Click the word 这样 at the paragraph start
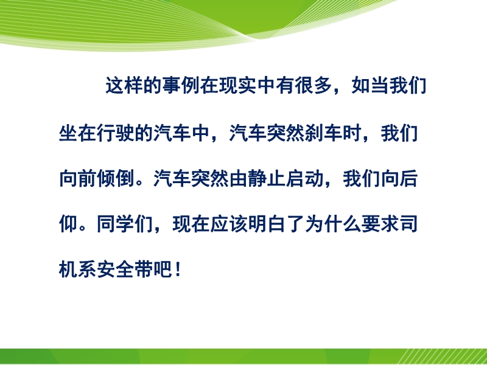(x=124, y=85)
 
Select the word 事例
(x=181, y=85)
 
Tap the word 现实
(x=238, y=85)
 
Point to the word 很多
(x=314, y=85)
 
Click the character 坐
(x=68, y=133)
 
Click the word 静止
(x=267, y=178)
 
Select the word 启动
(x=304, y=178)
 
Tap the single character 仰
(x=68, y=224)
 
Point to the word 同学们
(x=125, y=224)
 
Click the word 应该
(x=229, y=224)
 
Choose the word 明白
(x=267, y=224)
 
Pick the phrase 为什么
(x=332, y=224)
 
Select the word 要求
(x=380, y=224)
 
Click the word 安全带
(x=125, y=269)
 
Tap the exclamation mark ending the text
(x=178, y=269)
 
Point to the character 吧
(x=163, y=269)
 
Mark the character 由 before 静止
(x=238, y=178)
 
